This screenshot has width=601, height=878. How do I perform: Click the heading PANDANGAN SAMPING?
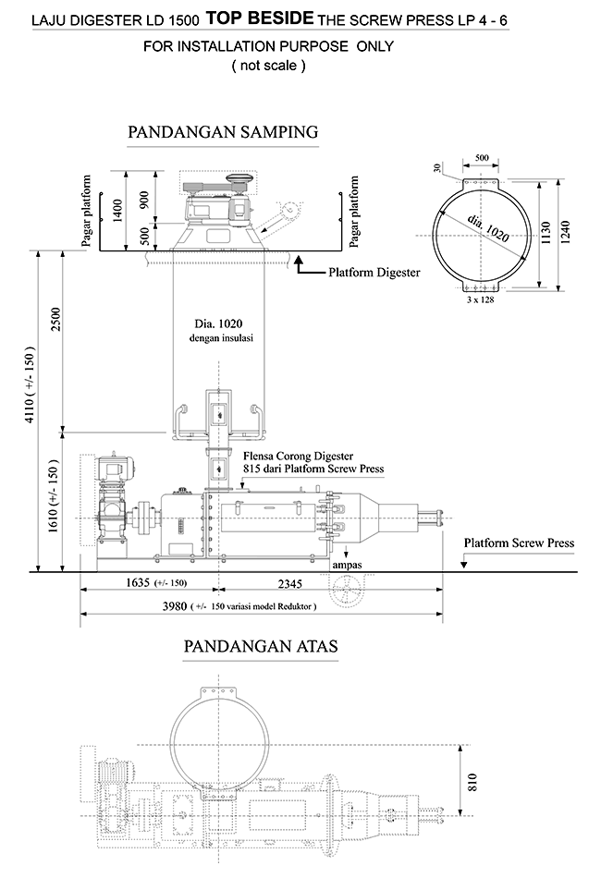tap(223, 132)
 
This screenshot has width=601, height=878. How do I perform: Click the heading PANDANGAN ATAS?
tap(261, 646)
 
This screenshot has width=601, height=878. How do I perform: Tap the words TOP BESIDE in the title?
tap(260, 18)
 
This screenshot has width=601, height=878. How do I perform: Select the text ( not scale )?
tap(269, 66)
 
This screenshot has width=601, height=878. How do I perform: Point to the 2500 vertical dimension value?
tap(55, 319)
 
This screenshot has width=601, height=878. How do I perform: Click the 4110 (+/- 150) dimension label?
tap(30, 384)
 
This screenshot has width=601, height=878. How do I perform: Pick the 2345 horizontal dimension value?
tap(290, 584)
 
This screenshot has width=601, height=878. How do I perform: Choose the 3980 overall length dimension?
tap(174, 606)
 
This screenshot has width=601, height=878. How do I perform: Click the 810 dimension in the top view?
tap(472, 782)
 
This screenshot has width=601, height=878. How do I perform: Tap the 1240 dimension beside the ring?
tap(565, 232)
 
